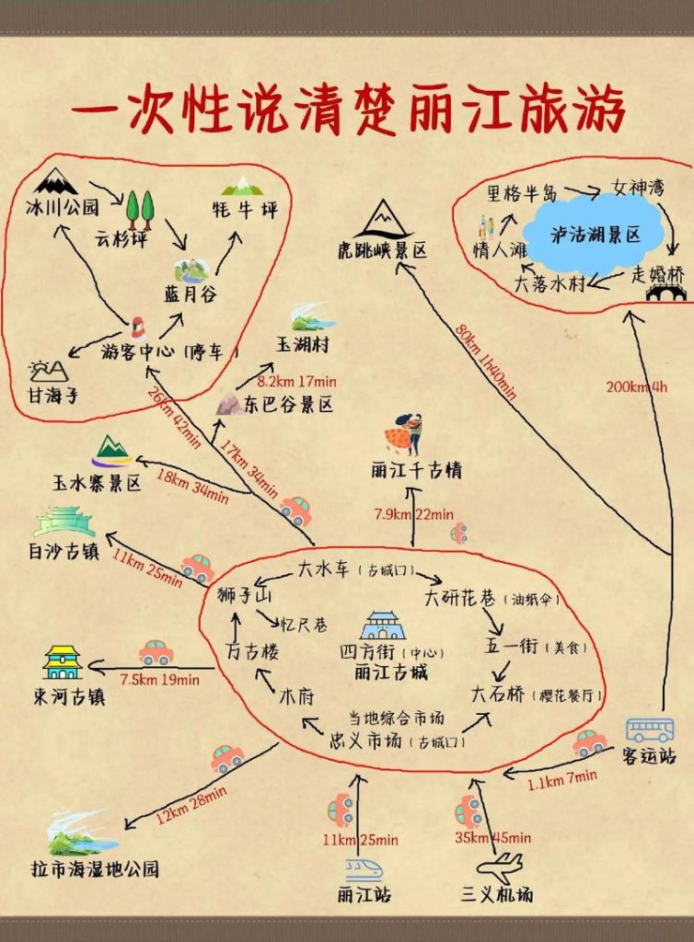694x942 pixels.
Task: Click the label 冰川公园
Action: [x=62, y=208]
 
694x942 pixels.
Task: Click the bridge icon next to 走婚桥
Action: [x=666, y=292]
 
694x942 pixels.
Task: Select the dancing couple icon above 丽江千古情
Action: [x=404, y=433]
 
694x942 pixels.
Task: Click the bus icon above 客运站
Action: [x=650, y=730]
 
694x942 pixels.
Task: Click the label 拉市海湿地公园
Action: [x=95, y=868]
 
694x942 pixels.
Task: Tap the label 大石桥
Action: [x=496, y=692]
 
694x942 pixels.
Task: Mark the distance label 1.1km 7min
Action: [x=562, y=781]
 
